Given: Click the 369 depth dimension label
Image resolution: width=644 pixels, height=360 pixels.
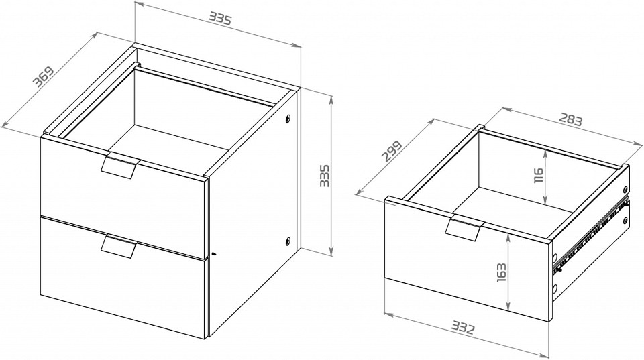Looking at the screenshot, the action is [44, 77].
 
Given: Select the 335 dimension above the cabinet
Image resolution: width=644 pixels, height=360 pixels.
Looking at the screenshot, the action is [221, 19].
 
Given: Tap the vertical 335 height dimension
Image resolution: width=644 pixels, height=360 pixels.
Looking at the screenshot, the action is [325, 176].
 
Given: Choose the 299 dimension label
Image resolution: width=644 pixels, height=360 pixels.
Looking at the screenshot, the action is [391, 152].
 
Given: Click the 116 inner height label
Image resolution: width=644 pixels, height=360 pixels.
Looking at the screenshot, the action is [539, 175].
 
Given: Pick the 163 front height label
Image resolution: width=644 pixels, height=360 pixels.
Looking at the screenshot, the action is [501, 272].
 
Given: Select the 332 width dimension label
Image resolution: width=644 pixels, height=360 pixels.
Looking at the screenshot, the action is [463, 328].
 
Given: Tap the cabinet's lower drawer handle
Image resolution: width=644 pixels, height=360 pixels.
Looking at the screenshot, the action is [119, 246].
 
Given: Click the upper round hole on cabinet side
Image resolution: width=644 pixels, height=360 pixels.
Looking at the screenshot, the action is [288, 119].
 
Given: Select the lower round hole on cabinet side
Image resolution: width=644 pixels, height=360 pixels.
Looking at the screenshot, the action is [288, 241].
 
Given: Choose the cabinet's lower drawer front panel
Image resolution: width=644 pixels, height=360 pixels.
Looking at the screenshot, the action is [122, 277].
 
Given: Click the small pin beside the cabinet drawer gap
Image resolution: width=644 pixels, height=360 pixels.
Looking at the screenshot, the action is [213, 255].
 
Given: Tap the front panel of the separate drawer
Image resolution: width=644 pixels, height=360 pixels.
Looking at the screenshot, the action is [467, 259].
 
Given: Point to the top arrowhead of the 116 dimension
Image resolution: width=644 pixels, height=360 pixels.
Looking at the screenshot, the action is [545, 152].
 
